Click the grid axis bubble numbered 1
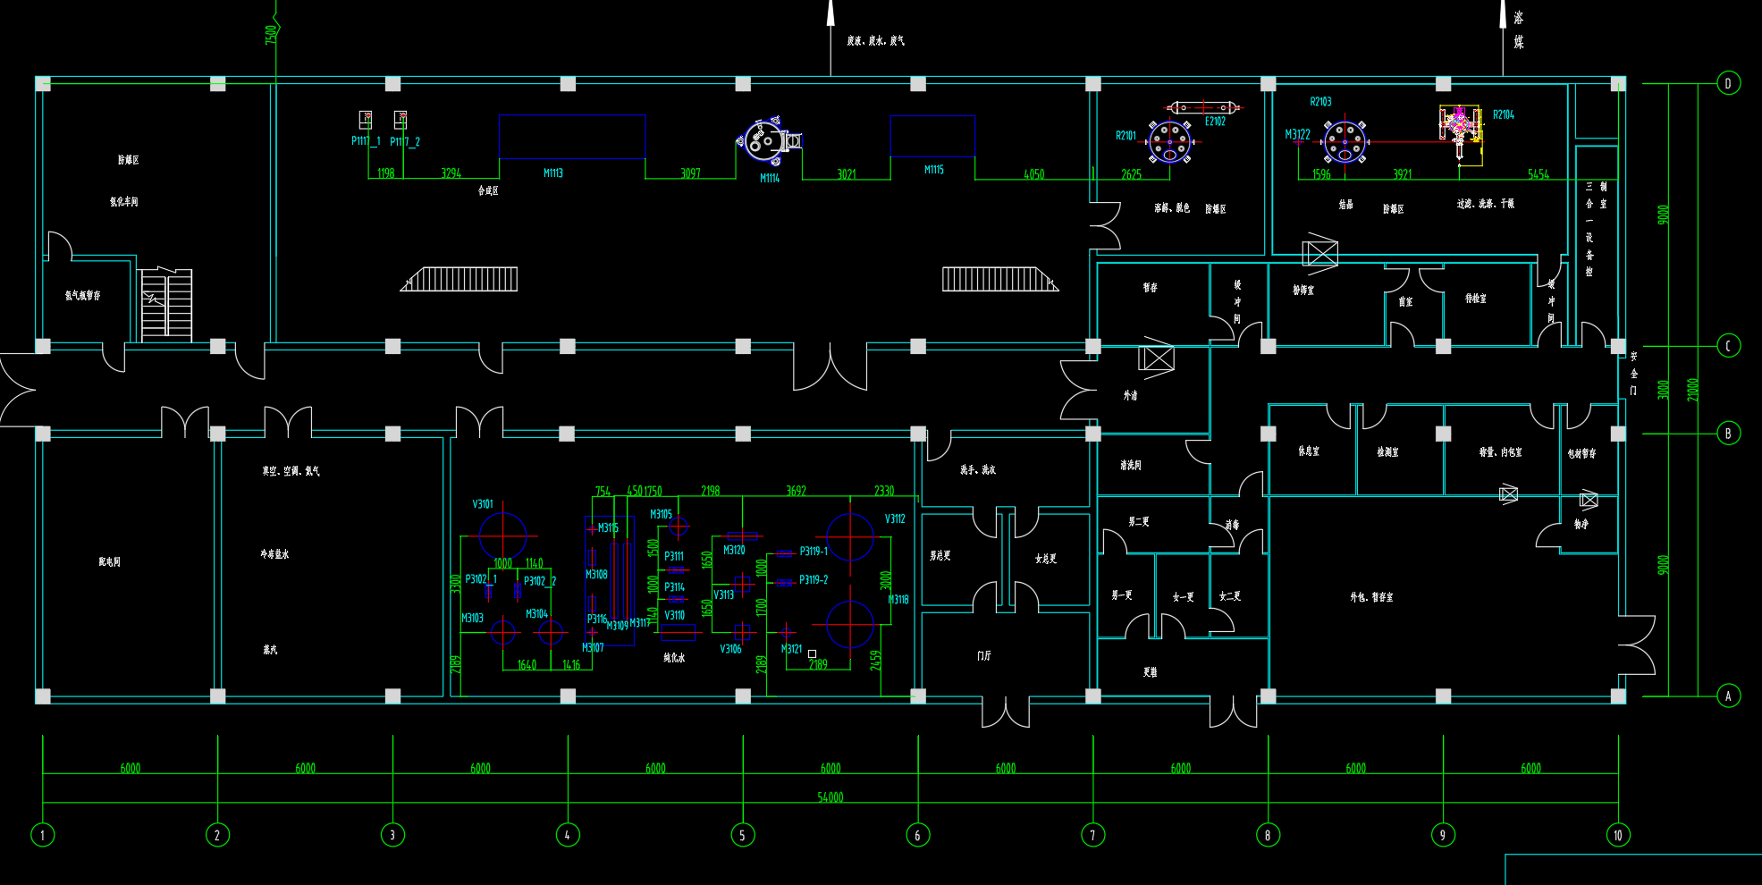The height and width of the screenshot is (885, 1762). (x=42, y=835)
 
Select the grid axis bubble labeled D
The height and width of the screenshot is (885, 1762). (x=1728, y=83)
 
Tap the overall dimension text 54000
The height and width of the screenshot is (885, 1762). (x=830, y=797)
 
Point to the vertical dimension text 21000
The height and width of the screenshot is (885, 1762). (x=1692, y=390)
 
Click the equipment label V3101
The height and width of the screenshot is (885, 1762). (x=483, y=504)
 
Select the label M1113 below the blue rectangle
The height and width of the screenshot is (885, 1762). (x=553, y=173)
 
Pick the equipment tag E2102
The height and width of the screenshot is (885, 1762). (x=1215, y=122)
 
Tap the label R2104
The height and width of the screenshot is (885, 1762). (x=1504, y=115)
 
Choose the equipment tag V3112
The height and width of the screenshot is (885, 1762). (x=895, y=519)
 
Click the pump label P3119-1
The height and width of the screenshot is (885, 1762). (x=814, y=552)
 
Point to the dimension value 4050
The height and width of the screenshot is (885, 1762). (x=1033, y=174)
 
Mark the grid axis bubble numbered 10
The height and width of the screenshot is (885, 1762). (x=1617, y=835)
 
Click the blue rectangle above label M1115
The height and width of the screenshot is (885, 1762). (x=932, y=136)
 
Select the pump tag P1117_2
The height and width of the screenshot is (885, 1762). (x=405, y=142)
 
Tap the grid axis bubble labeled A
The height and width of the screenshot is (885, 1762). (x=1728, y=695)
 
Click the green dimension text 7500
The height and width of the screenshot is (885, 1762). (x=271, y=34)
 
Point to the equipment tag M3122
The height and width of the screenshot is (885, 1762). (x=1297, y=135)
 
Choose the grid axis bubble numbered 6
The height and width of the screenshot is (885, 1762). (x=917, y=835)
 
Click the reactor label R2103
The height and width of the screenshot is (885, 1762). (x=1320, y=102)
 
